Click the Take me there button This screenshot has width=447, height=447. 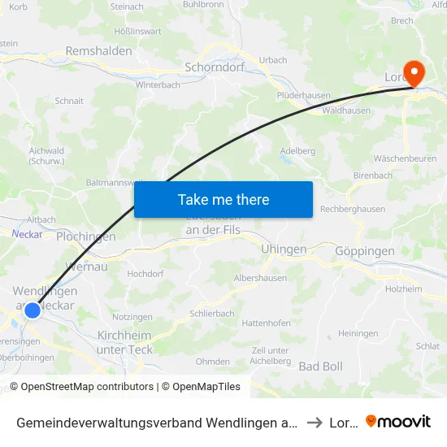(223, 199)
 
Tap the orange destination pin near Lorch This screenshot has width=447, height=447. (414, 74)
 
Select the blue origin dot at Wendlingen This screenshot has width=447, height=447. (33, 310)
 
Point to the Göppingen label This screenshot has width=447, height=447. (364, 252)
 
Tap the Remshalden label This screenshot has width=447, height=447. (98, 50)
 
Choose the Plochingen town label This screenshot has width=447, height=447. (86, 237)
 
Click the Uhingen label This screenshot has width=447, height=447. (284, 250)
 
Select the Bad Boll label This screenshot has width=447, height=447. (321, 366)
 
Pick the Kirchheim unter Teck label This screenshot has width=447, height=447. (124, 342)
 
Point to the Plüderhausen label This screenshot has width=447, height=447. (303, 95)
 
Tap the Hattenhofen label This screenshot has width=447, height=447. (266, 323)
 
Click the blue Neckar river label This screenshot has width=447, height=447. (27, 233)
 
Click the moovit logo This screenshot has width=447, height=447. (398, 422)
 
